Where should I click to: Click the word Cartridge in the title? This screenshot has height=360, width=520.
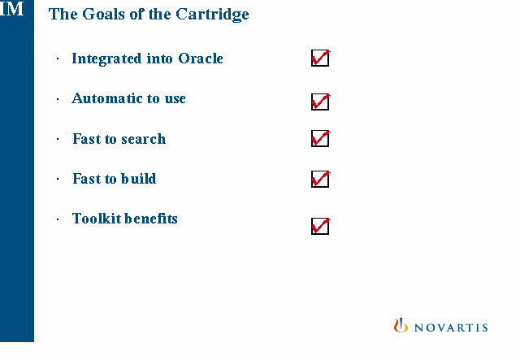click(x=212, y=15)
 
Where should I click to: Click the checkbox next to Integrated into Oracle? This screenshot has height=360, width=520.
click(x=320, y=58)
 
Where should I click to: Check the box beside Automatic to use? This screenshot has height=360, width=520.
click(x=320, y=102)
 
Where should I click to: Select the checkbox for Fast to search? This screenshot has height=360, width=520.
click(x=320, y=139)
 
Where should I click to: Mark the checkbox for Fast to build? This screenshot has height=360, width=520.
click(x=320, y=179)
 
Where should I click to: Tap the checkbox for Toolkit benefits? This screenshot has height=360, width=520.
click(x=320, y=226)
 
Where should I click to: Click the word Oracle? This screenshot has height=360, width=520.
click(x=201, y=59)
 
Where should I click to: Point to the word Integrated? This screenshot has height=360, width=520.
click(x=106, y=59)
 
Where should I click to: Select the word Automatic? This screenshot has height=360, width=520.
click(x=107, y=98)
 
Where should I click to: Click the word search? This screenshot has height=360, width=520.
click(x=143, y=139)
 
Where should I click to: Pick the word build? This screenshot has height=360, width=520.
click(x=138, y=179)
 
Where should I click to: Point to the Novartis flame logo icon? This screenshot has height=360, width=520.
click(x=401, y=325)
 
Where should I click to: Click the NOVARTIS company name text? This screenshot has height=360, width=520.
click(x=451, y=327)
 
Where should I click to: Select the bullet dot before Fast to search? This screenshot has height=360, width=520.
click(x=58, y=139)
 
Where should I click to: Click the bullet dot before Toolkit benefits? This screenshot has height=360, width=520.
click(x=58, y=219)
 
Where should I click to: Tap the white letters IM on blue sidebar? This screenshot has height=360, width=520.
click(x=12, y=9)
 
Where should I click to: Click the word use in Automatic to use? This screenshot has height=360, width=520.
click(x=175, y=99)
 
